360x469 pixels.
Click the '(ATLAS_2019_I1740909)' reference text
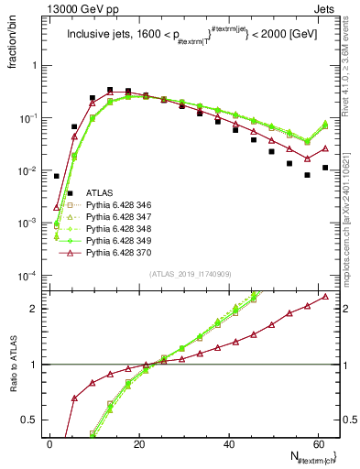(x=190, y=274)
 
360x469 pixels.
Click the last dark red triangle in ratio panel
(x=325, y=296)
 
